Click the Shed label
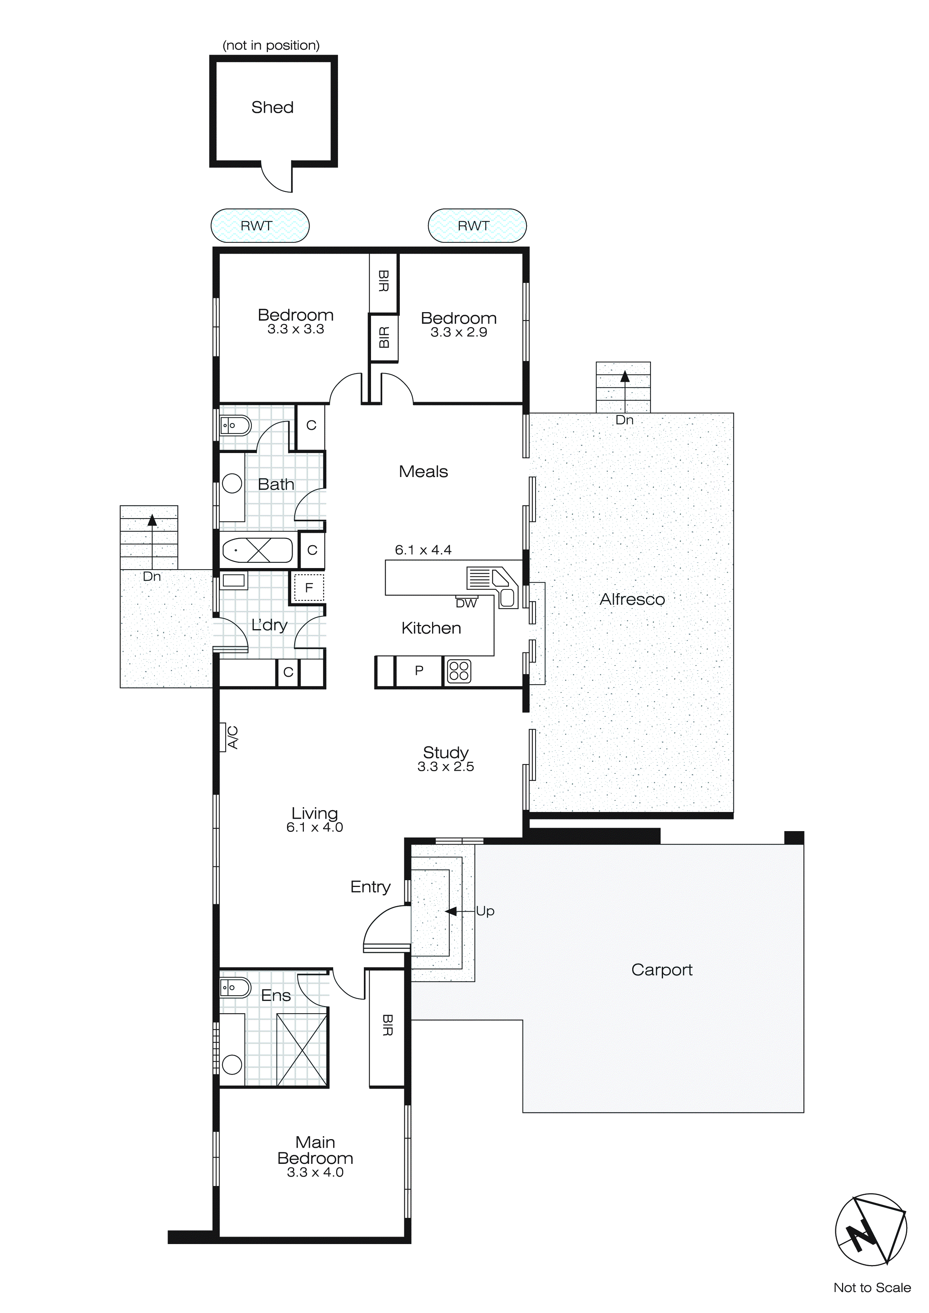point(272,108)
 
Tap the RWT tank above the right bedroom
point(477,226)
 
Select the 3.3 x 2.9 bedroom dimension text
point(459,333)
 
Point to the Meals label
point(423,472)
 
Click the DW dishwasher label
point(466,603)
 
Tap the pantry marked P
point(419,670)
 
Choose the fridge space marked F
point(309,588)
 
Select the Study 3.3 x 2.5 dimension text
point(446,767)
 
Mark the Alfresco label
point(632,599)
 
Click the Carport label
point(662,970)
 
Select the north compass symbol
point(871,1229)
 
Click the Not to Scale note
point(872,1288)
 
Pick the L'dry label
point(269,625)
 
